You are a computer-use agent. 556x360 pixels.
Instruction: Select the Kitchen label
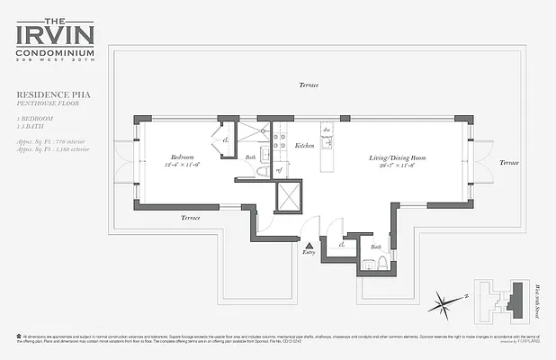304,144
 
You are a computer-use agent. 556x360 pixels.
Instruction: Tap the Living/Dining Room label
397,158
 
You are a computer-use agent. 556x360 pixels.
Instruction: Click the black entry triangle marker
309,245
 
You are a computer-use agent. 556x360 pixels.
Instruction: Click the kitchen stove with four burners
280,141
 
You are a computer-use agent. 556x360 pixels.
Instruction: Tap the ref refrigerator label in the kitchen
280,168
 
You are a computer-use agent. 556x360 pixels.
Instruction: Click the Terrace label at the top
309,85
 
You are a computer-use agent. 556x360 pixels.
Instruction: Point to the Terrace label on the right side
509,162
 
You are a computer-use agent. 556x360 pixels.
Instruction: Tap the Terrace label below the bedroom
190,217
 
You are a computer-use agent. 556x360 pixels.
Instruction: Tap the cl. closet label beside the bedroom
225,140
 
